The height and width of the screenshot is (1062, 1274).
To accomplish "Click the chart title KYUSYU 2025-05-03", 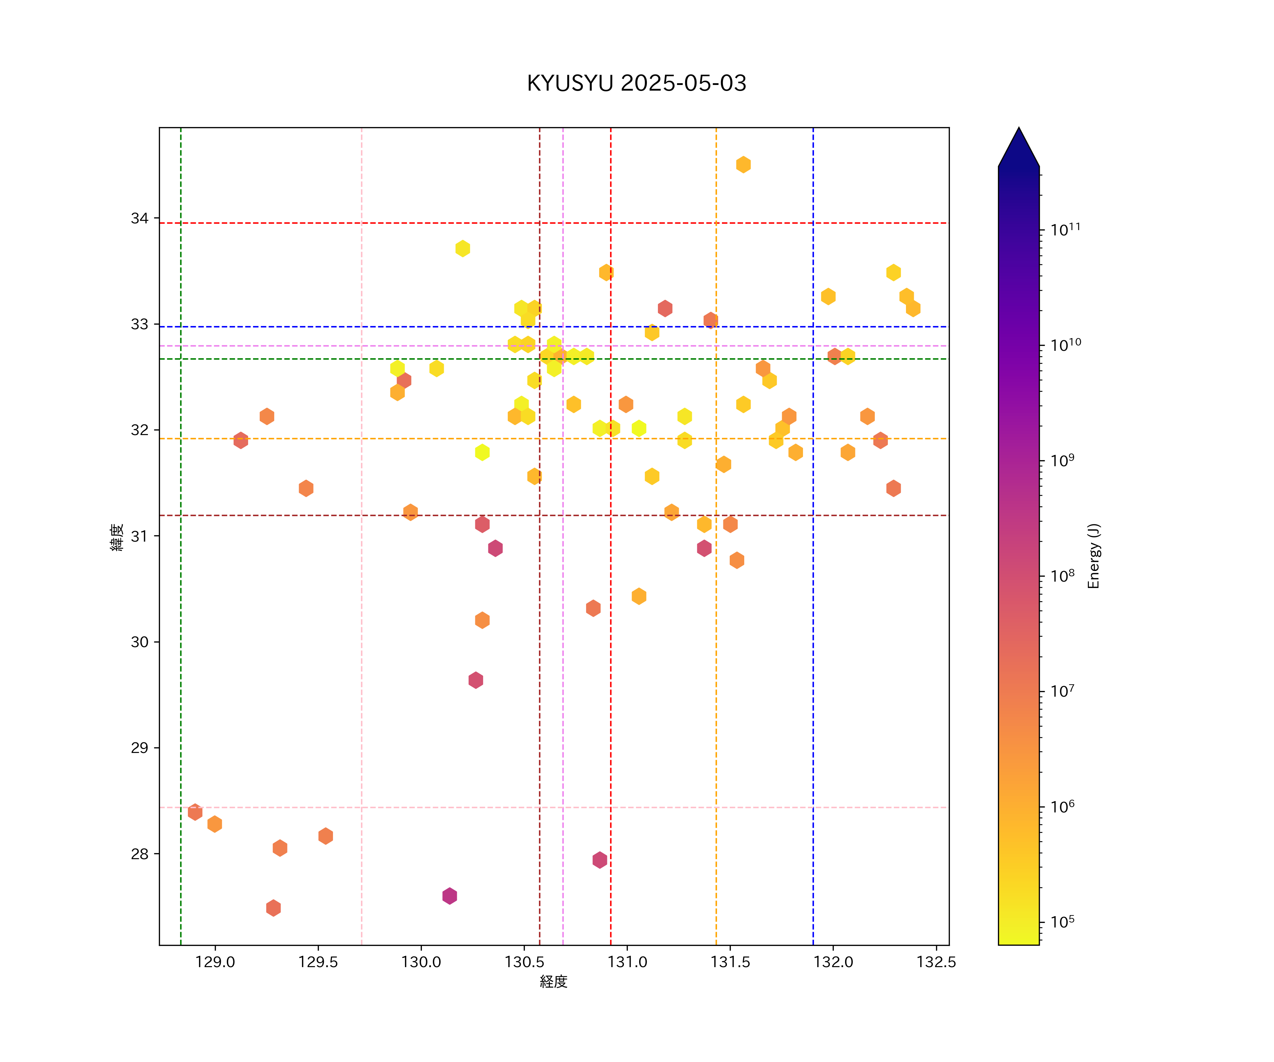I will [x=636, y=83].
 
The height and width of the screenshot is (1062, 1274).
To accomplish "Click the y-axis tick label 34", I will [x=139, y=218].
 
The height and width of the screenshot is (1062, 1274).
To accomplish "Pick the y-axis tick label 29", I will [x=139, y=748].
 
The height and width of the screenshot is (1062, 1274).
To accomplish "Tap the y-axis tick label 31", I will [x=139, y=536].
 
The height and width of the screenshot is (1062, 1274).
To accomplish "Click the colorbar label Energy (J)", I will [x=1093, y=556].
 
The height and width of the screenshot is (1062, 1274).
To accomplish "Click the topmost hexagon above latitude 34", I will [x=743, y=165].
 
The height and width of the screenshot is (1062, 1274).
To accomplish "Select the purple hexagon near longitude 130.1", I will [x=449, y=896].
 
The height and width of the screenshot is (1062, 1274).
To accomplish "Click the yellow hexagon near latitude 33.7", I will [x=462, y=248].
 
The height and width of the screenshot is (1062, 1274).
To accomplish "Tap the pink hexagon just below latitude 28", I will [x=599, y=860].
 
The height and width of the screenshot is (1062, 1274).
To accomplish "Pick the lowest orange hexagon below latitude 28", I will [x=273, y=908].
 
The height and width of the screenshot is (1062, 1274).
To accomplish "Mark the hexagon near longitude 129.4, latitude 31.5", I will [x=306, y=489].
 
